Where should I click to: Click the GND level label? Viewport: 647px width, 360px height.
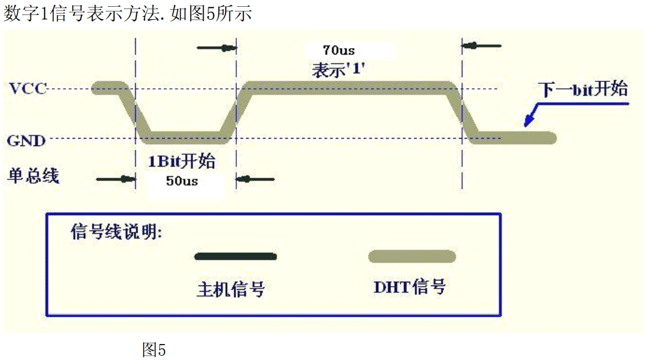pyautogui.click(x=27, y=141)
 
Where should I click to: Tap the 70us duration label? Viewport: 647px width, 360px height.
pyautogui.click(x=339, y=49)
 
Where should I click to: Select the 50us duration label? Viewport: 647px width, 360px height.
pyautogui.click(x=182, y=182)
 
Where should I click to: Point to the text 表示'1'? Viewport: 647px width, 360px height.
pyautogui.click(x=339, y=70)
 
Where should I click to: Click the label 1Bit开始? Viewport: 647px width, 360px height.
pyautogui.click(x=181, y=162)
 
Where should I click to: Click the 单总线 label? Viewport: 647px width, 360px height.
pyautogui.click(x=33, y=176)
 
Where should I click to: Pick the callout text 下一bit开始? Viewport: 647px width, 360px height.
pyautogui.click(x=583, y=89)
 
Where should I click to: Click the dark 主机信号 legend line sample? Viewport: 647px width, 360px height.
pyautogui.click(x=235, y=256)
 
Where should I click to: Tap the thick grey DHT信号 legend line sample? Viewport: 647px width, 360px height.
pyautogui.click(x=412, y=256)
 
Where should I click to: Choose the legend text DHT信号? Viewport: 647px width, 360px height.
pyautogui.click(x=410, y=287)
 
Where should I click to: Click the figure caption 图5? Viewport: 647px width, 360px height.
pyautogui.click(x=154, y=350)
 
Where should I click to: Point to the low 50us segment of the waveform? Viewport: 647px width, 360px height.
pyautogui.click(x=185, y=136)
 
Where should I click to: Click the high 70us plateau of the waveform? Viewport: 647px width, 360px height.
pyautogui.click(x=348, y=87)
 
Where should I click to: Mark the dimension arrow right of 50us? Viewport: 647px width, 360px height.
pyautogui.click(x=255, y=179)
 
